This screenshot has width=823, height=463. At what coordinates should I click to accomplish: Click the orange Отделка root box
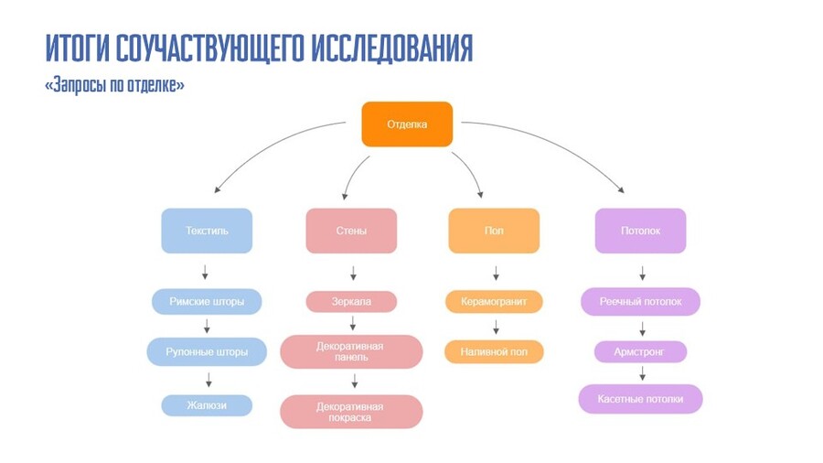(x=407, y=124)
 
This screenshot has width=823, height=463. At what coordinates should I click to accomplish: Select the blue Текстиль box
(x=207, y=231)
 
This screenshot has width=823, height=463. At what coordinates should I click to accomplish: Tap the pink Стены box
(x=351, y=231)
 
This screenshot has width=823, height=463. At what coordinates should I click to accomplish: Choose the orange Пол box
(x=494, y=231)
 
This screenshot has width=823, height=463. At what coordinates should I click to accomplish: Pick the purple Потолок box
(x=640, y=231)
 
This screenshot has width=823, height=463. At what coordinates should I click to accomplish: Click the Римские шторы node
(x=207, y=301)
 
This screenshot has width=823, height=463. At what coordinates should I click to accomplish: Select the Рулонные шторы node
(x=207, y=351)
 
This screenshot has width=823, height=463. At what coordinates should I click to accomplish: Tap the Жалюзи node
(x=207, y=404)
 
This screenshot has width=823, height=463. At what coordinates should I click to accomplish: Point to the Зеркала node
(x=351, y=301)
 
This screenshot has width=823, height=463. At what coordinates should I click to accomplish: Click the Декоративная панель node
(x=351, y=351)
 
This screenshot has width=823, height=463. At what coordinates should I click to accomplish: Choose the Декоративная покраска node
(x=351, y=411)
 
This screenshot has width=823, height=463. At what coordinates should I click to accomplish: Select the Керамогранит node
(x=494, y=301)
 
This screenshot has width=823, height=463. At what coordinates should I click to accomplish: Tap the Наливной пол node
(x=494, y=351)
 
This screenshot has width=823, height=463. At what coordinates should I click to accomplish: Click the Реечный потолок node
(x=640, y=301)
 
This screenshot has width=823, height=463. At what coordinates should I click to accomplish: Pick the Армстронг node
(x=640, y=351)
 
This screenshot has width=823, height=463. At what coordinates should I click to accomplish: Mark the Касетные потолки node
(x=640, y=399)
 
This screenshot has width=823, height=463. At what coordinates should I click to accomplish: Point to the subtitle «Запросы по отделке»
(x=114, y=85)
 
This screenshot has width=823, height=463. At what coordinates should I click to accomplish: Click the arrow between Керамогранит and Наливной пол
(x=496, y=327)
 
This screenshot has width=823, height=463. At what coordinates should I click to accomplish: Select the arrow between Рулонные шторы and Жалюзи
(x=208, y=379)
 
